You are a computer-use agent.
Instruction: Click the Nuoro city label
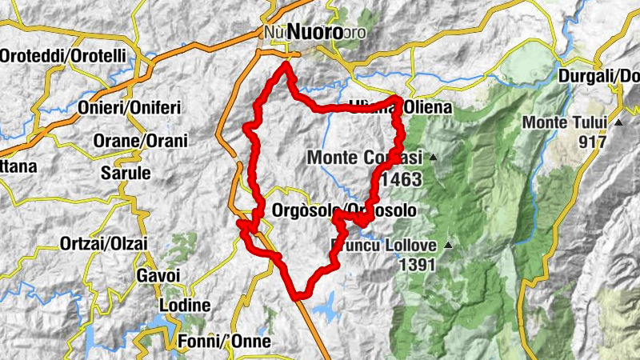314,32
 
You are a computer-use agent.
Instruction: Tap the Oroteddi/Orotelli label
63,56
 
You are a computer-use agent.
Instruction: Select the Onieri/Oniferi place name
130,107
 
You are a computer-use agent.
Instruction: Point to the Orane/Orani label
140,141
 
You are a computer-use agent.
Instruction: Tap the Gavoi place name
153,275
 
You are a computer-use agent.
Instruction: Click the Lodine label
185,306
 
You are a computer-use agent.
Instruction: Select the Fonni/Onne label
226,341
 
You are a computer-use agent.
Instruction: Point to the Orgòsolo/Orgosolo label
344,210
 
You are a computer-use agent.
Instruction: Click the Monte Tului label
566,123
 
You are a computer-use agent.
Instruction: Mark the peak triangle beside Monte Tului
618,123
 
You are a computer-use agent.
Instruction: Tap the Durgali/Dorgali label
600,75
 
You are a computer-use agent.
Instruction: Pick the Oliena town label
400,107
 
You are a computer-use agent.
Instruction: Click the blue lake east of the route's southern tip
326,305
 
